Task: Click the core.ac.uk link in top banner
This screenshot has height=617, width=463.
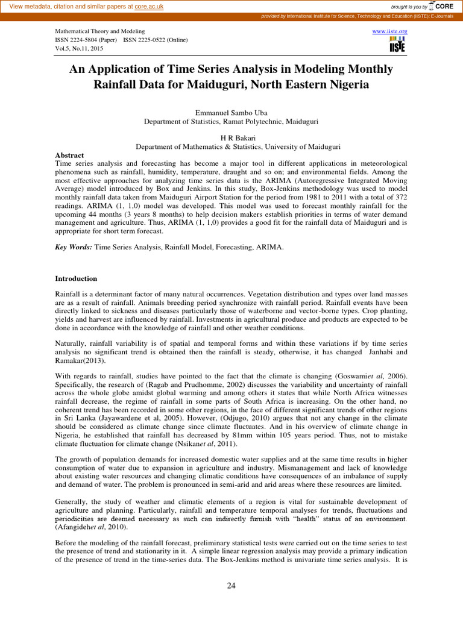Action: click(150, 6)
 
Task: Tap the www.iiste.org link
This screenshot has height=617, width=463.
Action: click(391, 30)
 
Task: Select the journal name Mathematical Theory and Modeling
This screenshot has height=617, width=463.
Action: click(100, 30)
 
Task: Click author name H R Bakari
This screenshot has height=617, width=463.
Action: click(231, 138)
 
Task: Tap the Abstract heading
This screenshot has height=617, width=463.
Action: click(69, 155)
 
